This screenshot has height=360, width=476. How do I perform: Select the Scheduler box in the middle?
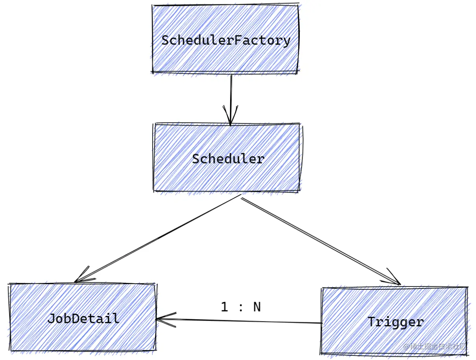pos(227,177)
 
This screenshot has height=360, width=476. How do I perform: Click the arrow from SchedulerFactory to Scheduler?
pos(231,94)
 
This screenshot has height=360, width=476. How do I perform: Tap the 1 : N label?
pos(241,307)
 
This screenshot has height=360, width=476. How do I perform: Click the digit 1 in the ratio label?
pos(224,307)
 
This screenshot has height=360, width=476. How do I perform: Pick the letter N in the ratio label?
pos(256,307)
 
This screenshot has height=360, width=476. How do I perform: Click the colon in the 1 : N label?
pos(241,308)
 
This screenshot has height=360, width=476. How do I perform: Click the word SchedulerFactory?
pos(226,40)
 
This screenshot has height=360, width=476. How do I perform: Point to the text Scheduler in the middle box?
pos(228,159)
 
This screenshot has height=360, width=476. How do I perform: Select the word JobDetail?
pos(83,318)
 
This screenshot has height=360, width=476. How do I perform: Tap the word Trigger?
pos(396,322)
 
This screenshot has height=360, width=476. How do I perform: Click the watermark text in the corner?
pos(435,347)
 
